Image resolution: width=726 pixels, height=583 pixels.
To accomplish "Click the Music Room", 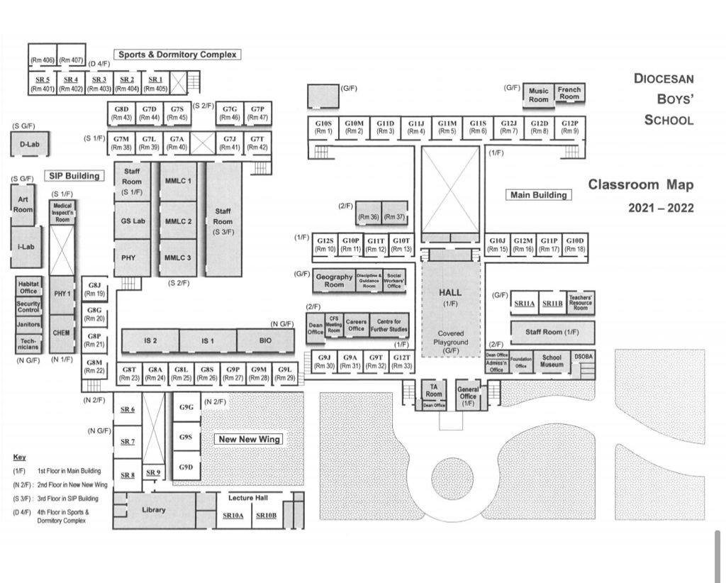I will (539, 95).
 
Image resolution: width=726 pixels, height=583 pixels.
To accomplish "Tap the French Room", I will (569, 93).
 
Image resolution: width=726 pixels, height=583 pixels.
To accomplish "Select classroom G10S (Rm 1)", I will (323, 127).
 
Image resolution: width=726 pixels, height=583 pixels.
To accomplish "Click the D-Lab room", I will (29, 144).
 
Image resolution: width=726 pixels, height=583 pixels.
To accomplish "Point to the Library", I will (154, 510).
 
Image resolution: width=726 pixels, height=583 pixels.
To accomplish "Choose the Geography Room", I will (334, 281).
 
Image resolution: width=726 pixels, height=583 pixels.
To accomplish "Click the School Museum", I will (552, 361).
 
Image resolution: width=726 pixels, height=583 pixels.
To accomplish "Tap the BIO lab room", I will (265, 340).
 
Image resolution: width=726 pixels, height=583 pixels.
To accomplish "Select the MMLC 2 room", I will (178, 221).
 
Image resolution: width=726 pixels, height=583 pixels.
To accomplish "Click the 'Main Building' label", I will (539, 194).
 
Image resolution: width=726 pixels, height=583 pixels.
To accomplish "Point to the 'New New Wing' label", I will (249, 439).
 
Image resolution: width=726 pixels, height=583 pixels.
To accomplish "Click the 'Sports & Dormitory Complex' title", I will (177, 55).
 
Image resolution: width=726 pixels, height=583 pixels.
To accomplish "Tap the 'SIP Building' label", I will (73, 175).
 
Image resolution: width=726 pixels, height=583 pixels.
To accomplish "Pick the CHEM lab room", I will (61, 333).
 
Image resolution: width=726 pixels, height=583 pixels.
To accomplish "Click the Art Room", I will (23, 205).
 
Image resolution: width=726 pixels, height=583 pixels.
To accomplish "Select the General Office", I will (468, 394).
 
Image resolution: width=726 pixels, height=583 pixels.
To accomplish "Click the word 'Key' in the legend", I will (19, 457).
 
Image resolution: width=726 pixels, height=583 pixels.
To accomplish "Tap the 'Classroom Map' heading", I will (641, 185).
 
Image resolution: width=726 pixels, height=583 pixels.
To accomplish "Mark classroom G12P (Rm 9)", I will (569, 127).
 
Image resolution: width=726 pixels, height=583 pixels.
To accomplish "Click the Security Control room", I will (28, 306).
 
